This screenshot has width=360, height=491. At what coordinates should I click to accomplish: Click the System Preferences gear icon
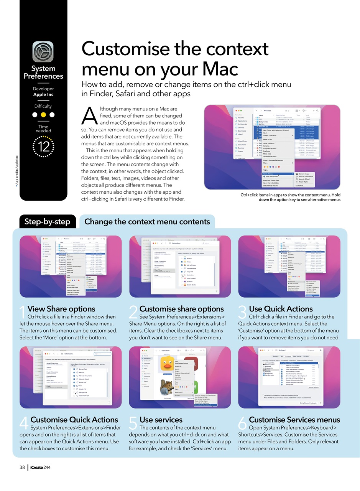43,52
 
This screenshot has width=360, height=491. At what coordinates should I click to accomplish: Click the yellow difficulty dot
43,115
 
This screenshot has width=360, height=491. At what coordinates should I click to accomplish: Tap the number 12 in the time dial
43,147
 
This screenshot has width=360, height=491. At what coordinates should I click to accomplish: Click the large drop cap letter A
88,116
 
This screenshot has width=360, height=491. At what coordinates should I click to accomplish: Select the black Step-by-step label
47,222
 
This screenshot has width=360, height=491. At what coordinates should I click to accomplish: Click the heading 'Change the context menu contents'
147,222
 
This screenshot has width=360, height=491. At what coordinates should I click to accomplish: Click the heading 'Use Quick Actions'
281,309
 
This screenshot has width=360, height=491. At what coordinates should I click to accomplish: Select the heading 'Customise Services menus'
294,420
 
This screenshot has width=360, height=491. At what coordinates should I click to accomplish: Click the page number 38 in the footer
22,467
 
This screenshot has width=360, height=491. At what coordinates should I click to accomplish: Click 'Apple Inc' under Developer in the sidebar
43,94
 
